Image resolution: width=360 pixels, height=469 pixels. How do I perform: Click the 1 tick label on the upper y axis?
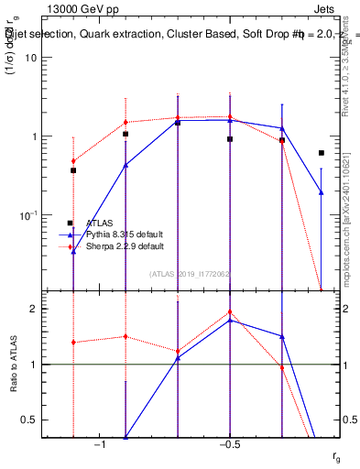click(x=33, y=136)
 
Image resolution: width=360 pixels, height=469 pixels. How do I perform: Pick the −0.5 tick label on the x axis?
click(x=229, y=444)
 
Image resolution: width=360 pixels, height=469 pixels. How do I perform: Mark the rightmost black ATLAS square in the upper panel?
click(x=322, y=153)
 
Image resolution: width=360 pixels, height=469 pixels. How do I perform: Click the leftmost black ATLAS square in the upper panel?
click(x=73, y=170)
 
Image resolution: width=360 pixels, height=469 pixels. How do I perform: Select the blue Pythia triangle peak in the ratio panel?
click(x=230, y=320)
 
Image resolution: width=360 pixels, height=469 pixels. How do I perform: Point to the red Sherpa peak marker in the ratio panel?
click(x=230, y=311)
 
